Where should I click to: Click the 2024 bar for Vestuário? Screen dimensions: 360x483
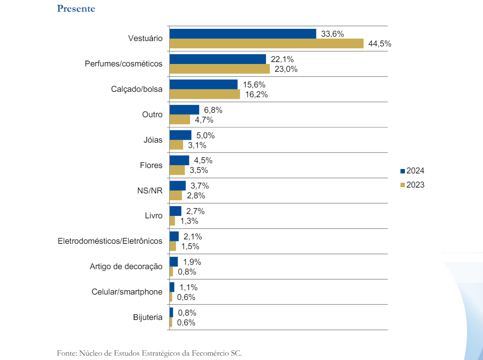click(x=243, y=34)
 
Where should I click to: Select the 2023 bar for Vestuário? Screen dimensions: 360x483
click(x=266, y=43)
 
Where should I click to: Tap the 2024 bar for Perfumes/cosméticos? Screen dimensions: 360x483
click(x=217, y=59)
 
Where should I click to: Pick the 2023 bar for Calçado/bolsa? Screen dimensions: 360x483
click(x=205, y=94)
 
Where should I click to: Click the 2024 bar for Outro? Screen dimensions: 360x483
click(x=184, y=110)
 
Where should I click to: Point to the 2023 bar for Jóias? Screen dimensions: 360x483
click(x=176, y=145)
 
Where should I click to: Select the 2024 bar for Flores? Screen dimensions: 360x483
click(x=179, y=160)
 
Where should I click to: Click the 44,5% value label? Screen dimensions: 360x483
click(x=380, y=43)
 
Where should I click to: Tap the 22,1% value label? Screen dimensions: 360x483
click(x=282, y=59)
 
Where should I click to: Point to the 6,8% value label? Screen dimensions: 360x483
click(x=213, y=110)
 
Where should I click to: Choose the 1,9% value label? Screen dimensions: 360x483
click(x=191, y=262)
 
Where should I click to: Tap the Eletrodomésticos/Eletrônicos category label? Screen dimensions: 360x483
click(x=110, y=241)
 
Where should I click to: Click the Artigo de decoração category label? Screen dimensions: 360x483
click(x=126, y=267)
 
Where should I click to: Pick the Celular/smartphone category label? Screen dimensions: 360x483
click(x=127, y=292)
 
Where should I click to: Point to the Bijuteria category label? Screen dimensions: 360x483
click(x=147, y=318)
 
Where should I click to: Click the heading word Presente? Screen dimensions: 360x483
click(x=76, y=9)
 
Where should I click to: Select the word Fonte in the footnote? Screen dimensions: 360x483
click(x=66, y=353)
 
